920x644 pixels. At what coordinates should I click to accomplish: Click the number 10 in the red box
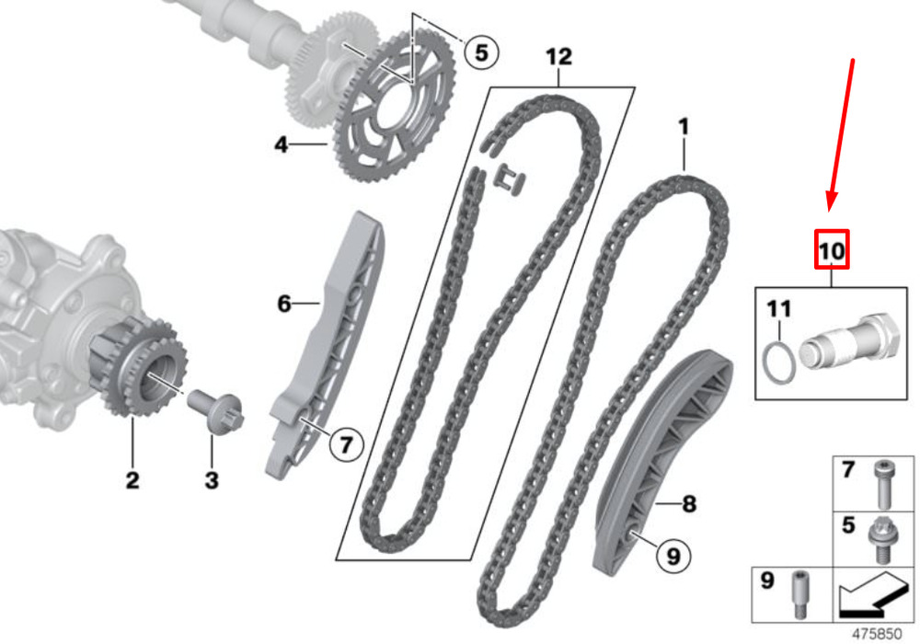832,250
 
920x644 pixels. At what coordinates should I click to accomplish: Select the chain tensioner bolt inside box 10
850,342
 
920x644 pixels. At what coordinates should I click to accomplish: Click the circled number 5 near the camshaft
481,52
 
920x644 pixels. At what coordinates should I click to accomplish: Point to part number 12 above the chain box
558,57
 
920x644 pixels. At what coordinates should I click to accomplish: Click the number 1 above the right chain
683,127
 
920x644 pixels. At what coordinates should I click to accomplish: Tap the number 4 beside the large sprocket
282,144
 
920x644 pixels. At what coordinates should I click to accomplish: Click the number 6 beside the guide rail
284,304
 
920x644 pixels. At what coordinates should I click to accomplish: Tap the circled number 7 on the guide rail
346,444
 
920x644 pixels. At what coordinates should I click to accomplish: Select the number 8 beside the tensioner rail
689,503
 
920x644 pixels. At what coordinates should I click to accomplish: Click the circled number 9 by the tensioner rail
673,556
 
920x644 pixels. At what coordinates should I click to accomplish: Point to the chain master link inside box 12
511,179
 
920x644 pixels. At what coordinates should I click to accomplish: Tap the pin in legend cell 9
799,593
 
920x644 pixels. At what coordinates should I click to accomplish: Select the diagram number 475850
877,634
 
